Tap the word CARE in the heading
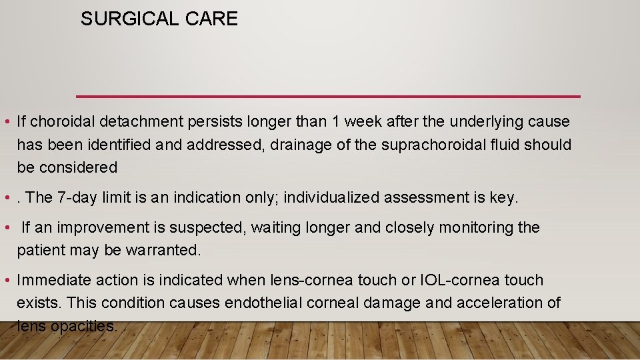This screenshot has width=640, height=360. (212, 19)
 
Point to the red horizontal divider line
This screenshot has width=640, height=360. (328, 96)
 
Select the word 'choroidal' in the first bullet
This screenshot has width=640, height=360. (63, 122)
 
